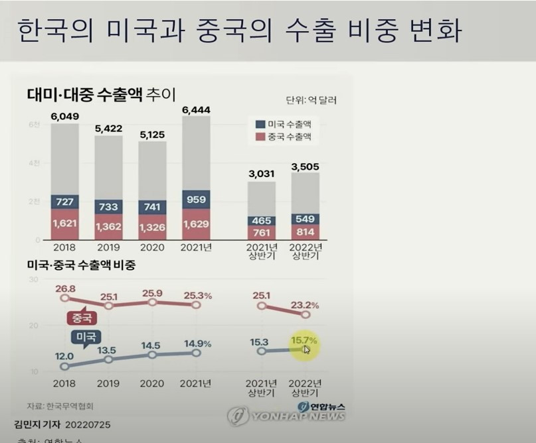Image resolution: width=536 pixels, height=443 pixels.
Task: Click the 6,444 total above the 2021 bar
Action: point(196,108)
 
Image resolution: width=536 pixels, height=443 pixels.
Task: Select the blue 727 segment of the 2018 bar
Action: point(64,201)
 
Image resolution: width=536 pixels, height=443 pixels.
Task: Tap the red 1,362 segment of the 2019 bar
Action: point(108,227)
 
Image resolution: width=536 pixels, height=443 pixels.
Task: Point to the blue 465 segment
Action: point(261,220)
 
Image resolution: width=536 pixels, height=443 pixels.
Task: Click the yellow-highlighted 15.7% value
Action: point(304,342)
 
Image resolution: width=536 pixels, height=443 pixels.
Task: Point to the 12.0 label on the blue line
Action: point(64,357)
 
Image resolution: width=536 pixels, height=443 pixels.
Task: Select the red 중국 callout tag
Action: point(82,317)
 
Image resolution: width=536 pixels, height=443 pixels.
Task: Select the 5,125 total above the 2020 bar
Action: point(152,134)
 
